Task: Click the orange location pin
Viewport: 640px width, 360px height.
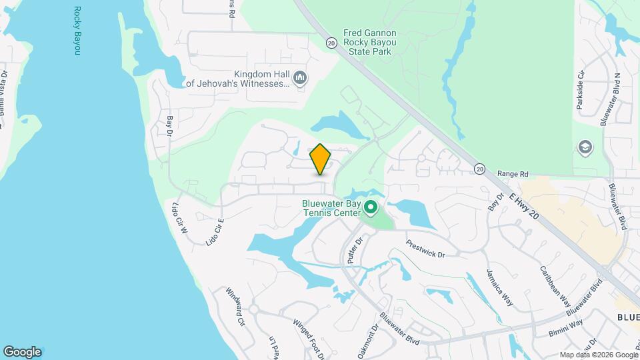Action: pos(321,159)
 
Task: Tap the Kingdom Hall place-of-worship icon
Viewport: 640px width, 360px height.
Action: pos(301,79)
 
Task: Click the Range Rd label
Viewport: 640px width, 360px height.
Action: pos(513,174)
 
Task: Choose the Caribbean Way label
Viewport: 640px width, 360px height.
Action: pos(555,285)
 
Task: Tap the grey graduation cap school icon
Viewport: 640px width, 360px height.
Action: pos(585,147)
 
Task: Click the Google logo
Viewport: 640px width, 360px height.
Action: pos(22,352)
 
